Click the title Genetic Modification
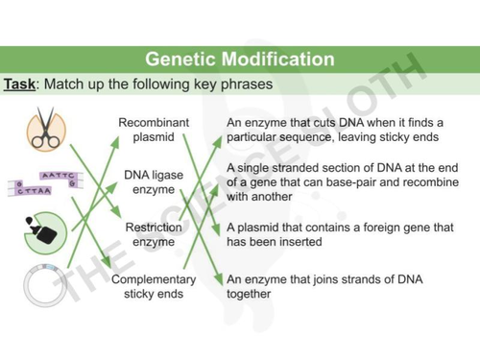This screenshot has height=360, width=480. click(x=239, y=60)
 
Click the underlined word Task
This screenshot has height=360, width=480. click(x=20, y=84)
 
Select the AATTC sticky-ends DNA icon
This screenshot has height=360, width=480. click(x=46, y=181)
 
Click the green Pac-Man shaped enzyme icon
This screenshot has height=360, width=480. click(x=45, y=230)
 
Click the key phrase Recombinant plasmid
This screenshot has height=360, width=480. click(x=154, y=131)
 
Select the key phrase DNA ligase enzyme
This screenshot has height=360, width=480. click(x=154, y=182)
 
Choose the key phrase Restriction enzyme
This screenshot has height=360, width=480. click(x=154, y=234)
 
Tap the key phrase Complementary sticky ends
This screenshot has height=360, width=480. click(x=154, y=286)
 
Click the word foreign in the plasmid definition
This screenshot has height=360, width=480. click(x=384, y=228)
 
